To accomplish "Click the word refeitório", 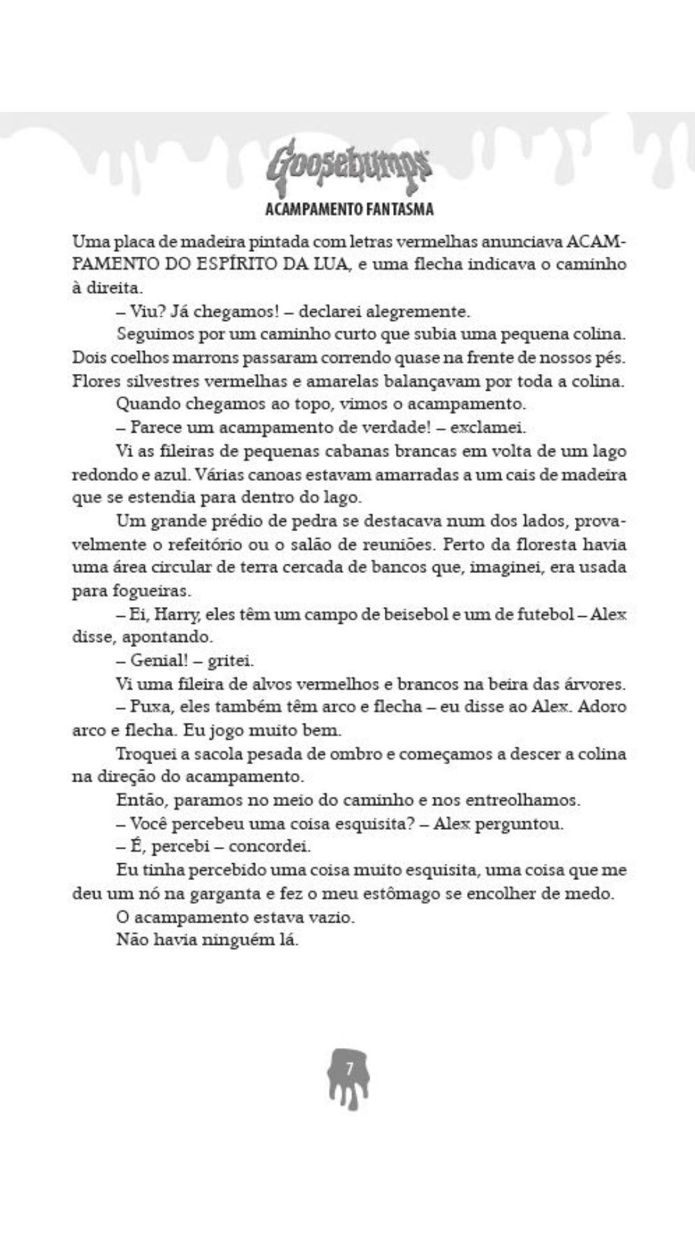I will click(212, 544).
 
